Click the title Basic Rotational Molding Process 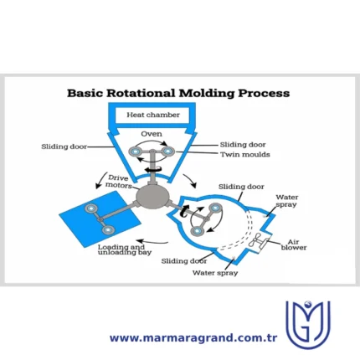click(178, 93)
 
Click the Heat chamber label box click(153, 115)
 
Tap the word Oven click(152, 134)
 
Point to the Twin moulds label click(245, 154)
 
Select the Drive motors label click(118, 182)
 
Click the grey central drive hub click(152, 197)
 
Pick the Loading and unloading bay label click(125, 249)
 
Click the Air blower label click(294, 244)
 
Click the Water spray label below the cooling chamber click(215, 273)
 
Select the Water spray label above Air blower click(287, 201)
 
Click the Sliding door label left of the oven click(64, 147)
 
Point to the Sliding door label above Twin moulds click(243, 145)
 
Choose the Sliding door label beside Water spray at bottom click(184, 261)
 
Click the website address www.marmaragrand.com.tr click(193, 338)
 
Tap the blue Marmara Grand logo click(308, 325)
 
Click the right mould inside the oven click(168, 152)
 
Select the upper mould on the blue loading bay click(91, 208)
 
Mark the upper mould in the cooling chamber click(216, 208)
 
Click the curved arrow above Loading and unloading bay click(152, 241)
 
